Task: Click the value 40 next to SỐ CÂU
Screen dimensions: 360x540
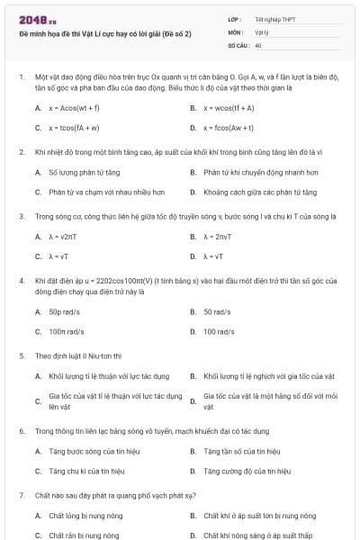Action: (x=258, y=44)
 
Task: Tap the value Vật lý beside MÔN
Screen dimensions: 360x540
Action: (x=261, y=31)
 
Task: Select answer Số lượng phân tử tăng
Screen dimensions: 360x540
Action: (x=84, y=172)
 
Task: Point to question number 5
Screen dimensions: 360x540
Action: (x=21, y=355)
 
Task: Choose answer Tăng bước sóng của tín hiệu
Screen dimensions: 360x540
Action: (x=94, y=451)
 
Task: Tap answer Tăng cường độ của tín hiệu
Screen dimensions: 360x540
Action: (x=247, y=471)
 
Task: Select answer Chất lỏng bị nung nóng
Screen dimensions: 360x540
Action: (x=88, y=516)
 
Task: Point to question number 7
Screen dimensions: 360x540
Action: (x=21, y=496)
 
